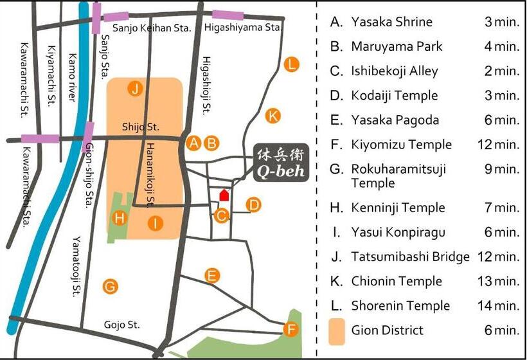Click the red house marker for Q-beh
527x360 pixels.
tap(224, 194)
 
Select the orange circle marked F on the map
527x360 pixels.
tap(291, 330)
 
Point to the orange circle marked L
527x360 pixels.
tap(292, 64)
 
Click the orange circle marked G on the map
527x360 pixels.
tap(111, 286)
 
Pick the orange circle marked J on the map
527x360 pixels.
tap(135, 89)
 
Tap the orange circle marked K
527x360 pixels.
tap(273, 116)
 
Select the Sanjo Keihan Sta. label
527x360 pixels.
tap(152, 28)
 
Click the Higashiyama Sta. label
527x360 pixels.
tap(244, 28)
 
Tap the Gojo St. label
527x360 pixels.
tap(122, 325)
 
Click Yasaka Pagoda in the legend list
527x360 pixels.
tap(395, 120)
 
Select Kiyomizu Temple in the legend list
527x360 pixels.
tap(401, 145)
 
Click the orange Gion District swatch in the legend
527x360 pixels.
tap(337, 330)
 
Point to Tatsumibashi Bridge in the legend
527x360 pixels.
tap(410, 256)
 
